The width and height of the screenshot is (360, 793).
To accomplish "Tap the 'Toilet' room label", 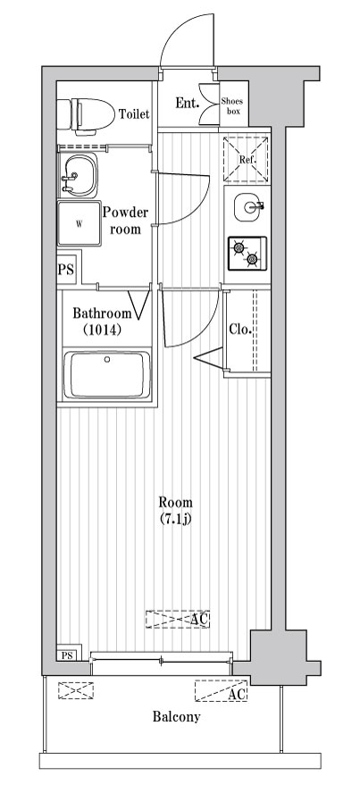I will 134,114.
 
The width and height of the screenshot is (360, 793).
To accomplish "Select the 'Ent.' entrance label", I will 186,104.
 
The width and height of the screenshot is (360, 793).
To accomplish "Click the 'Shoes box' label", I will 233,106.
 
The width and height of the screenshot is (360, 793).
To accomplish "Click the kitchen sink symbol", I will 247,207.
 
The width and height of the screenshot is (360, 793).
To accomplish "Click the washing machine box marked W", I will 78,223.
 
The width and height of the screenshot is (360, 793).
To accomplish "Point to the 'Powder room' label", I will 125,221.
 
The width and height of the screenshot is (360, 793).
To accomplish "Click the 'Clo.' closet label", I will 239,330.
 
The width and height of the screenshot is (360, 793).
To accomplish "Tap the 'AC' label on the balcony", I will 237,694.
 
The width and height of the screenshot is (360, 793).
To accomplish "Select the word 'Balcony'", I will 176,716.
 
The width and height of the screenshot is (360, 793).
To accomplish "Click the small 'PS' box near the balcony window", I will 67,655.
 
